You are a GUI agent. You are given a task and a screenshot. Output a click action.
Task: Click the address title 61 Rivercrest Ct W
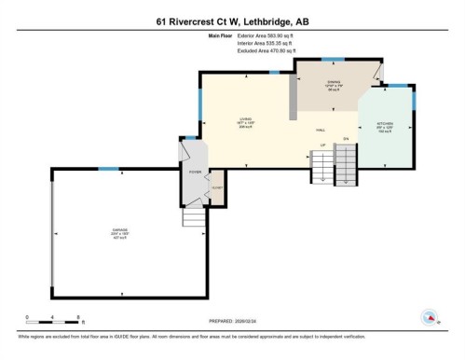pyautogui.click(x=232, y=20)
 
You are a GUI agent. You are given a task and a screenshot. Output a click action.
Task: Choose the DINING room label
pyautogui.click(x=334, y=85)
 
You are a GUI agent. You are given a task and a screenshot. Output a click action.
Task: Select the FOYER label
pyautogui.click(x=195, y=173)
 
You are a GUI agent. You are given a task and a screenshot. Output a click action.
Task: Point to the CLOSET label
pyautogui.click(x=217, y=187)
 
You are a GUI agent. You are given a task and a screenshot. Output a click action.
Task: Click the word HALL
pyautogui.click(x=320, y=131)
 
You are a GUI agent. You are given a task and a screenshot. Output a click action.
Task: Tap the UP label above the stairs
pyautogui.click(x=322, y=145)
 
